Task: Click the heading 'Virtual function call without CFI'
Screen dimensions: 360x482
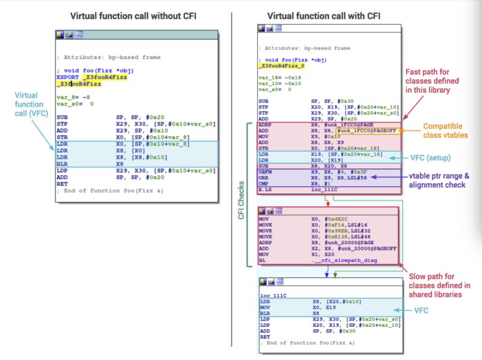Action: point(129,16)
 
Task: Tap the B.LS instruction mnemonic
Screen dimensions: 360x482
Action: point(265,189)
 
